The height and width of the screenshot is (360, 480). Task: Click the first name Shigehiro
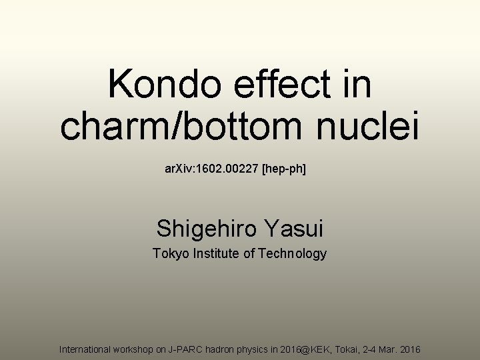coord(208,229)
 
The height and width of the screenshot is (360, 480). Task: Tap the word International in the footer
coord(87,349)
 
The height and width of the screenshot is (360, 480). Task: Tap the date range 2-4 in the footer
coord(375,349)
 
